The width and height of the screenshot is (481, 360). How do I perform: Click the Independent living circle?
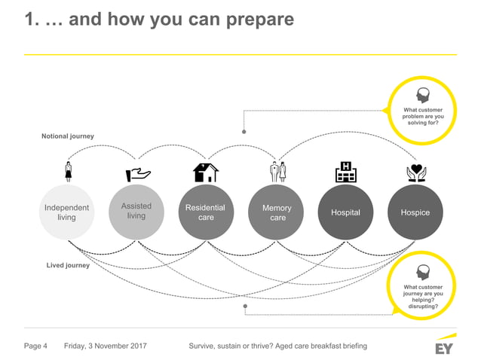[x=66, y=212]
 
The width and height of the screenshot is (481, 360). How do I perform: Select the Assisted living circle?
[x=136, y=211]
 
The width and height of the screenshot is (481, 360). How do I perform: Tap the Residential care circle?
[x=205, y=212]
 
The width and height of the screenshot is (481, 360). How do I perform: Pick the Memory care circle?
[x=276, y=212]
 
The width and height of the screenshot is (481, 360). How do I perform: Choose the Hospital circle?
[x=345, y=212]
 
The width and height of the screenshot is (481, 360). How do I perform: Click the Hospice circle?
[x=415, y=212]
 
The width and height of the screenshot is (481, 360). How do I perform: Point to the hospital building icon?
[x=346, y=172]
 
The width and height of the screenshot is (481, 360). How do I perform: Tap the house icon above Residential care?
[x=206, y=172]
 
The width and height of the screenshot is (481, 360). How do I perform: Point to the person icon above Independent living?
[x=68, y=172]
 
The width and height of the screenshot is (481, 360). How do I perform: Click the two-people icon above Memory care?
[x=277, y=172]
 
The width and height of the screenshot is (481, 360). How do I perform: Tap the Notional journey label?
[x=67, y=136]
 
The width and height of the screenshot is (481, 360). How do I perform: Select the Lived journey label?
[x=68, y=265]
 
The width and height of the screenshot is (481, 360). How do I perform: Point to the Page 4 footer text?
[x=36, y=346]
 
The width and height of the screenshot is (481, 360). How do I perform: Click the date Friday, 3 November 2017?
[x=106, y=346]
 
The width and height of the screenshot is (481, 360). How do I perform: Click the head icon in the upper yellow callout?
[x=423, y=96]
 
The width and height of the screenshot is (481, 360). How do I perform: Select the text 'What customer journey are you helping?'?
[x=423, y=294]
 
